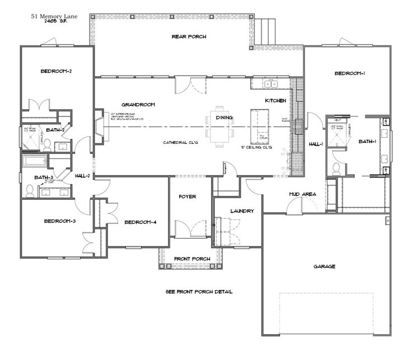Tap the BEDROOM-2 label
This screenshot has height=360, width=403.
(55, 71)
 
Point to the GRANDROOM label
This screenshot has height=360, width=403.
(138, 104)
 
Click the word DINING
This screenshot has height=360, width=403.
(224, 118)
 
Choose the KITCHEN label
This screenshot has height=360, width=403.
(275, 100)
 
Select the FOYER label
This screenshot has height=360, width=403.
(187, 197)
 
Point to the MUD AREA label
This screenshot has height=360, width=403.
(302, 194)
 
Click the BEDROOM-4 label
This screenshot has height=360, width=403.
(140, 222)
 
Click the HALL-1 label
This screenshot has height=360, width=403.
(316, 144)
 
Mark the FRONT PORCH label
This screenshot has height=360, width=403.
(192, 259)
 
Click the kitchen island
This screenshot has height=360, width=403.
(261, 124)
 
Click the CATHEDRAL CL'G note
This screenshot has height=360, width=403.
(181, 142)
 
